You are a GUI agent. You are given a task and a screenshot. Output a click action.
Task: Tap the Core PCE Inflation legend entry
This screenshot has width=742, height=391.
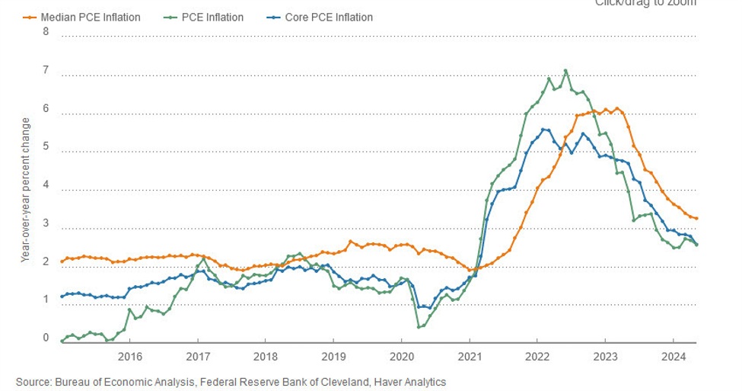(323, 17)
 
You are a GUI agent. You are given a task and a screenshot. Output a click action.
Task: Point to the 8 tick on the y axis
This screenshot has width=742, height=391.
(46, 31)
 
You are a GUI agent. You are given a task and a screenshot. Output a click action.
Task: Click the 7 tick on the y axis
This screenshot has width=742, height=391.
(46, 71)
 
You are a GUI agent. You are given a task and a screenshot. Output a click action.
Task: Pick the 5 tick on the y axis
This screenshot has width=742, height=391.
(46, 147)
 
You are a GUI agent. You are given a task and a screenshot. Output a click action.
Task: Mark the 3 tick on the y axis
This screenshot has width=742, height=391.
(46, 223)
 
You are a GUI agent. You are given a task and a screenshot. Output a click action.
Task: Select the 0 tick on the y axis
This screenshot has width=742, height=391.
(46, 338)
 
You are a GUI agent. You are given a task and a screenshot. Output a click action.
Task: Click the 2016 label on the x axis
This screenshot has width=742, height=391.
(130, 356)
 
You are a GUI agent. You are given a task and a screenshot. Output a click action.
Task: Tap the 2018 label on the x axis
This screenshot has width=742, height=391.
(266, 356)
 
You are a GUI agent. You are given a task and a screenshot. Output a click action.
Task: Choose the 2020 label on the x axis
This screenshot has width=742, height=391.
(401, 356)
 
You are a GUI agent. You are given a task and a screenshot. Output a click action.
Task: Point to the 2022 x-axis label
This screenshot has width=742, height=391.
(537, 356)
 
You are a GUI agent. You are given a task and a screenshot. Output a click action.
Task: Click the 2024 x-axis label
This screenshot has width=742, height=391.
(673, 356)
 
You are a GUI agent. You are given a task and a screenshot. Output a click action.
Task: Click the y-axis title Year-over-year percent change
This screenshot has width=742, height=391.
(25, 191)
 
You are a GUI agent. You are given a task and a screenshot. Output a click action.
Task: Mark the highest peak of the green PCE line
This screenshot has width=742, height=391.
(565, 71)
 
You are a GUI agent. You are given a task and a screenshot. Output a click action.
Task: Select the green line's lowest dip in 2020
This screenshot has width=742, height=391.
(419, 327)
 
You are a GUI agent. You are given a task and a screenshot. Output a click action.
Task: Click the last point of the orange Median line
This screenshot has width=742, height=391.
(696, 219)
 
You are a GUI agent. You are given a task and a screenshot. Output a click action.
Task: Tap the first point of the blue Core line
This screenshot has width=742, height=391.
(62, 296)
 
